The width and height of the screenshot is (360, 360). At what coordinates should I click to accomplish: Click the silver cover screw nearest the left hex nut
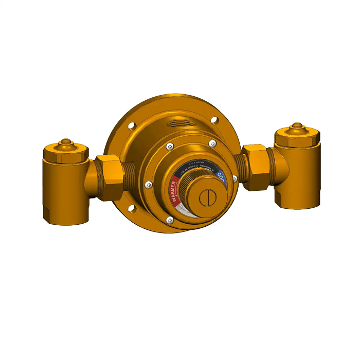pos(148,184)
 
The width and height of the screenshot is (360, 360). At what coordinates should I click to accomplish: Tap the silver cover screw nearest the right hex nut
pos(235,178)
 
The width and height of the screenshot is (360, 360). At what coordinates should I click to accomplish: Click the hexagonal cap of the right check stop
pos(297,137)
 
